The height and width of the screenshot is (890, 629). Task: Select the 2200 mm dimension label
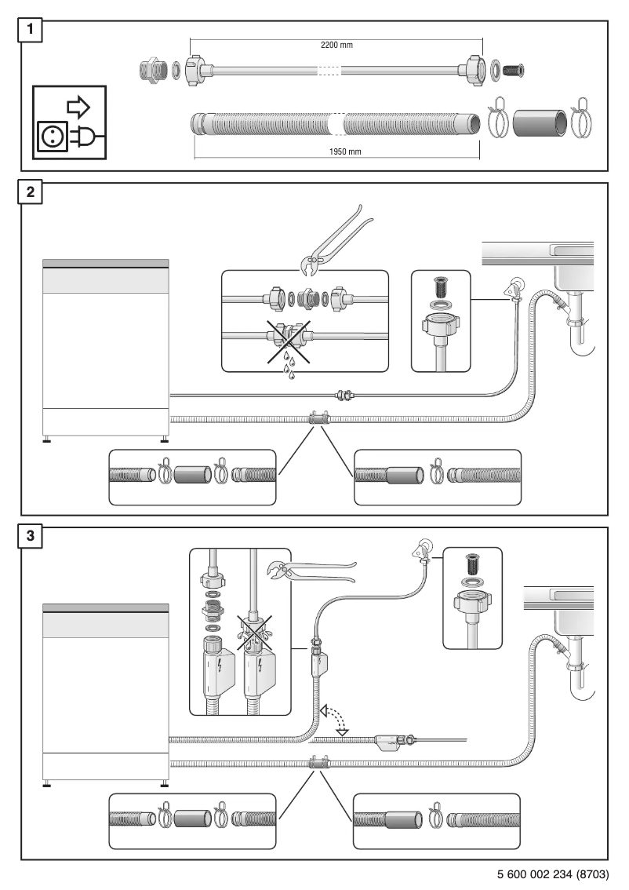pyautogui.click(x=336, y=45)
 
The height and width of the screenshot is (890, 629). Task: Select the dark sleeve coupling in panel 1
pyautogui.click(x=538, y=122)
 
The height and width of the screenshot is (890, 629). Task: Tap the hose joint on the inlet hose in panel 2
pyautogui.click(x=343, y=396)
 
